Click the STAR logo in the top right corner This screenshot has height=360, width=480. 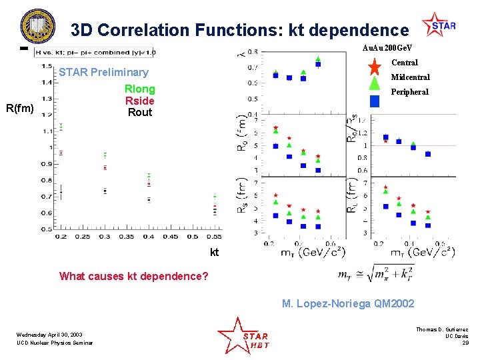click(439, 26)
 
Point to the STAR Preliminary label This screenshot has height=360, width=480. click(103, 73)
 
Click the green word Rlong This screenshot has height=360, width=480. click(139, 89)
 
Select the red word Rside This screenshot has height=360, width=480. click(139, 101)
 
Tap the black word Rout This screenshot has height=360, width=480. click(139, 112)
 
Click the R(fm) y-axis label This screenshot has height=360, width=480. click(19, 107)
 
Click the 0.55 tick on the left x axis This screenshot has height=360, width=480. click(215, 237)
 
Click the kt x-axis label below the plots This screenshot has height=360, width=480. click(214, 253)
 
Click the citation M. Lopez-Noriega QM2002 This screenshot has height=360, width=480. click(347, 304)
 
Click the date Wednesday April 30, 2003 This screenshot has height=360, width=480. click(51, 335)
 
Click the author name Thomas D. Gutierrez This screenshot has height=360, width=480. click(442, 329)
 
